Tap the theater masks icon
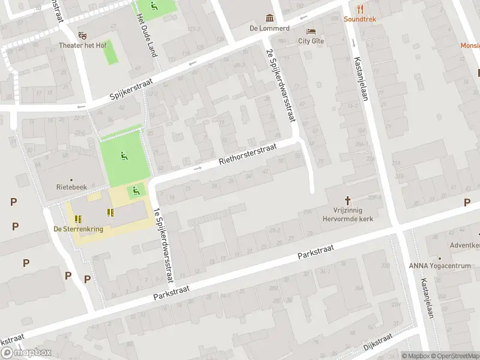coord(82,35)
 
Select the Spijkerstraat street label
coord(132,89)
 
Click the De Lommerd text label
coord(269,28)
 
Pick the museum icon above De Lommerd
coord(269,18)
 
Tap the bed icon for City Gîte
coord(311,31)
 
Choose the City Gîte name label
coord(311,41)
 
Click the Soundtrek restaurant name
coord(360,19)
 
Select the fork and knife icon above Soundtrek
coord(360,8)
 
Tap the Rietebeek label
coord(71,187)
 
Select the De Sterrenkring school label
coord(78,229)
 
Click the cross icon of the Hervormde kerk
coord(347,200)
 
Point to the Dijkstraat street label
coord(377,343)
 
